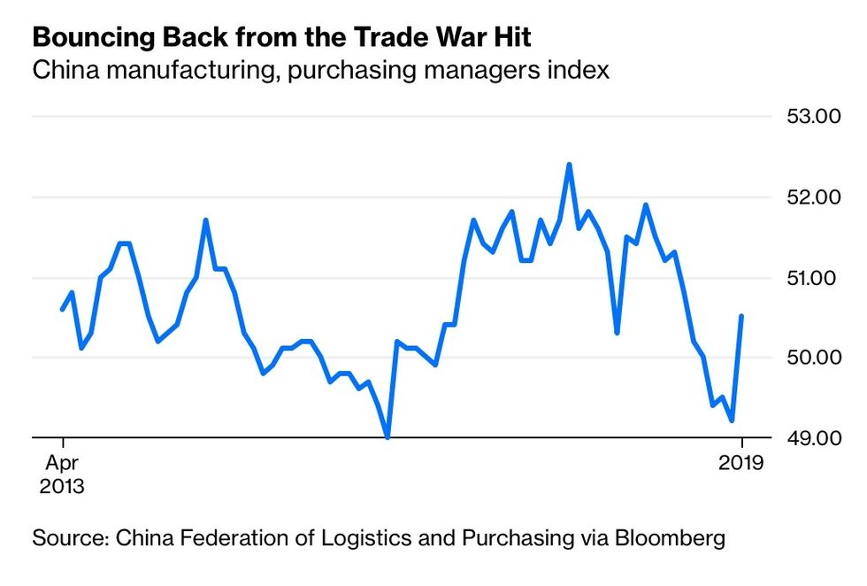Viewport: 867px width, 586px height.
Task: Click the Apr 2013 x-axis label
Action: pyautogui.click(x=61, y=474)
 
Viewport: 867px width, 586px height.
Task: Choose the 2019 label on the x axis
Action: pyautogui.click(x=742, y=463)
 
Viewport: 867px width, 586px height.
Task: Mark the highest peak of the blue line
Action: pyautogui.click(x=569, y=165)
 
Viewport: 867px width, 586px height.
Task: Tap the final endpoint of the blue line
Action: pyautogui.click(x=741, y=316)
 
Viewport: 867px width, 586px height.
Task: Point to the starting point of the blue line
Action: pyautogui.click(x=62, y=309)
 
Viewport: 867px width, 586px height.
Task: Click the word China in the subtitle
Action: pyautogui.click(x=60, y=70)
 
